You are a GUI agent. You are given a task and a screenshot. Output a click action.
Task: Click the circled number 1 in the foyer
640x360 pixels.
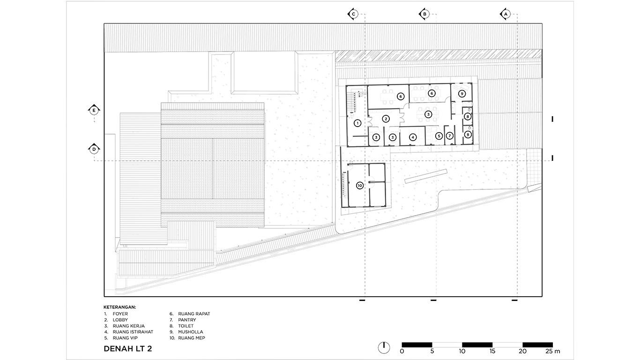coord(357,123)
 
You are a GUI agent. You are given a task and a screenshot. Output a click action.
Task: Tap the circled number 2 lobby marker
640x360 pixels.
coord(386,119)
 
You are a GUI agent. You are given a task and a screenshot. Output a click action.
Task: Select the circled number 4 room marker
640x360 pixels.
coord(413,137)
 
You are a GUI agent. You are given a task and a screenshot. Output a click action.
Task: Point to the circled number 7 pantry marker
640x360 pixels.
coord(450,136)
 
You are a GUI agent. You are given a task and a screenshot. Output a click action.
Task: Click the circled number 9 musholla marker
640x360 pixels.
coord(461,93)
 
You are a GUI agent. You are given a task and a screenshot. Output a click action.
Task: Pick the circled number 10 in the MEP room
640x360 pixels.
coord(360,186)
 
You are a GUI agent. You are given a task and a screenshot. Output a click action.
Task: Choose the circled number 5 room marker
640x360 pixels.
coord(439,136)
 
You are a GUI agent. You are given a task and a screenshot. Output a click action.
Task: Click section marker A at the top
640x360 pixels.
coord(506,14)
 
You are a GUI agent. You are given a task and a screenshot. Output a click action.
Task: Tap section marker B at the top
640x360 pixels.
coord(424,14)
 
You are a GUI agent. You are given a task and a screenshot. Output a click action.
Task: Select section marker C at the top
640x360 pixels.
coord(353,14)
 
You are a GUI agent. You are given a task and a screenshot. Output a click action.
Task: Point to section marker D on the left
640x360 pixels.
coord(94,149)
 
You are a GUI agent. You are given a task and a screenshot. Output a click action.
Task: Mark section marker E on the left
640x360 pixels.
coord(94,110)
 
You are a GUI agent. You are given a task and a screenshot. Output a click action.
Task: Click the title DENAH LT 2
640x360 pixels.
coord(128,349)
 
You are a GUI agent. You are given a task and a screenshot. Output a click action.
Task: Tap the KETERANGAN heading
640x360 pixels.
coord(120,307)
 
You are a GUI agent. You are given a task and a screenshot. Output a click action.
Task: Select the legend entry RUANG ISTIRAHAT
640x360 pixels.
coord(133,332)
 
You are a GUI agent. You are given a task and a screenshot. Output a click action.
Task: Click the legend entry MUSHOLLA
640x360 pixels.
coord(191,332)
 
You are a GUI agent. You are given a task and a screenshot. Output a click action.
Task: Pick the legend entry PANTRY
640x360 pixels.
coord(187,320)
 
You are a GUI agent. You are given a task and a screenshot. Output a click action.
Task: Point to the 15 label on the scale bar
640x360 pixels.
coord(492,351)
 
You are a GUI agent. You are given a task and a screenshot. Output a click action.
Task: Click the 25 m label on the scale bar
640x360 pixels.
coord(552,351)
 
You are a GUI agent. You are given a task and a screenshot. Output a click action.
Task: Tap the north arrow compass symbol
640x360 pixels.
coord(384,347)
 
